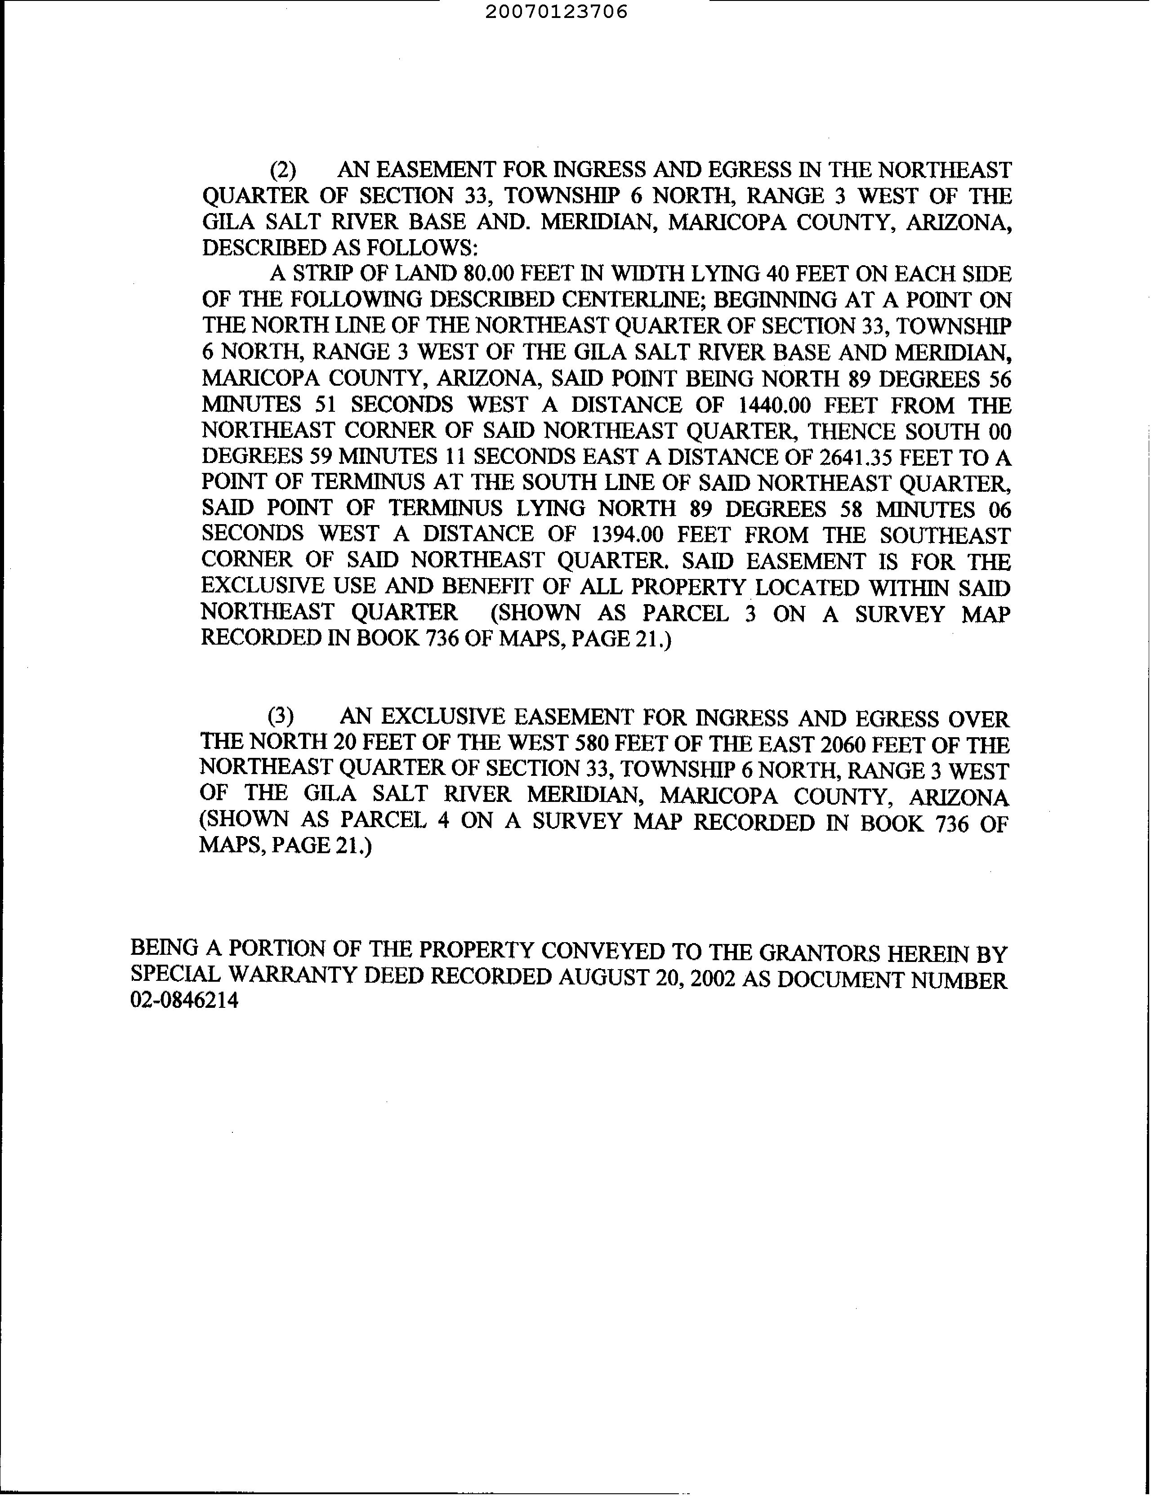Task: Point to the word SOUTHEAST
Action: click(946, 535)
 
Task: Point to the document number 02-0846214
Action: click(184, 1001)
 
